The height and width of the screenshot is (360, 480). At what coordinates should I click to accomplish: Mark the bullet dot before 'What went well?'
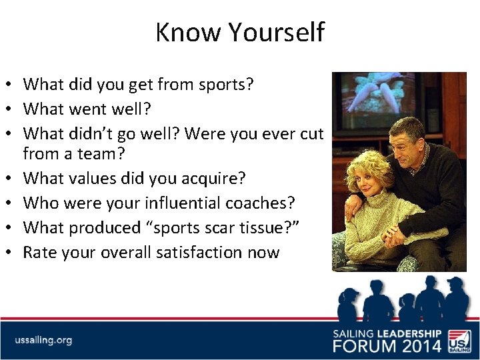pos(11,109)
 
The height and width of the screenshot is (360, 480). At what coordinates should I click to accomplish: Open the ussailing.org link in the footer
pos(44,340)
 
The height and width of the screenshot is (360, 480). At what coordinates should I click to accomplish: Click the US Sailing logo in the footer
pos(459,339)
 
